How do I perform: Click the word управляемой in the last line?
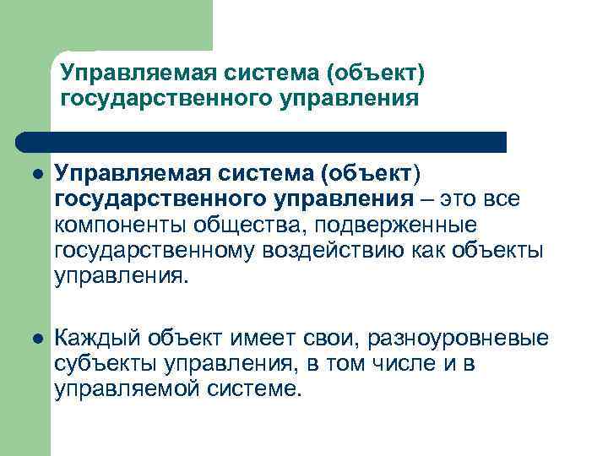pos(122,389)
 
